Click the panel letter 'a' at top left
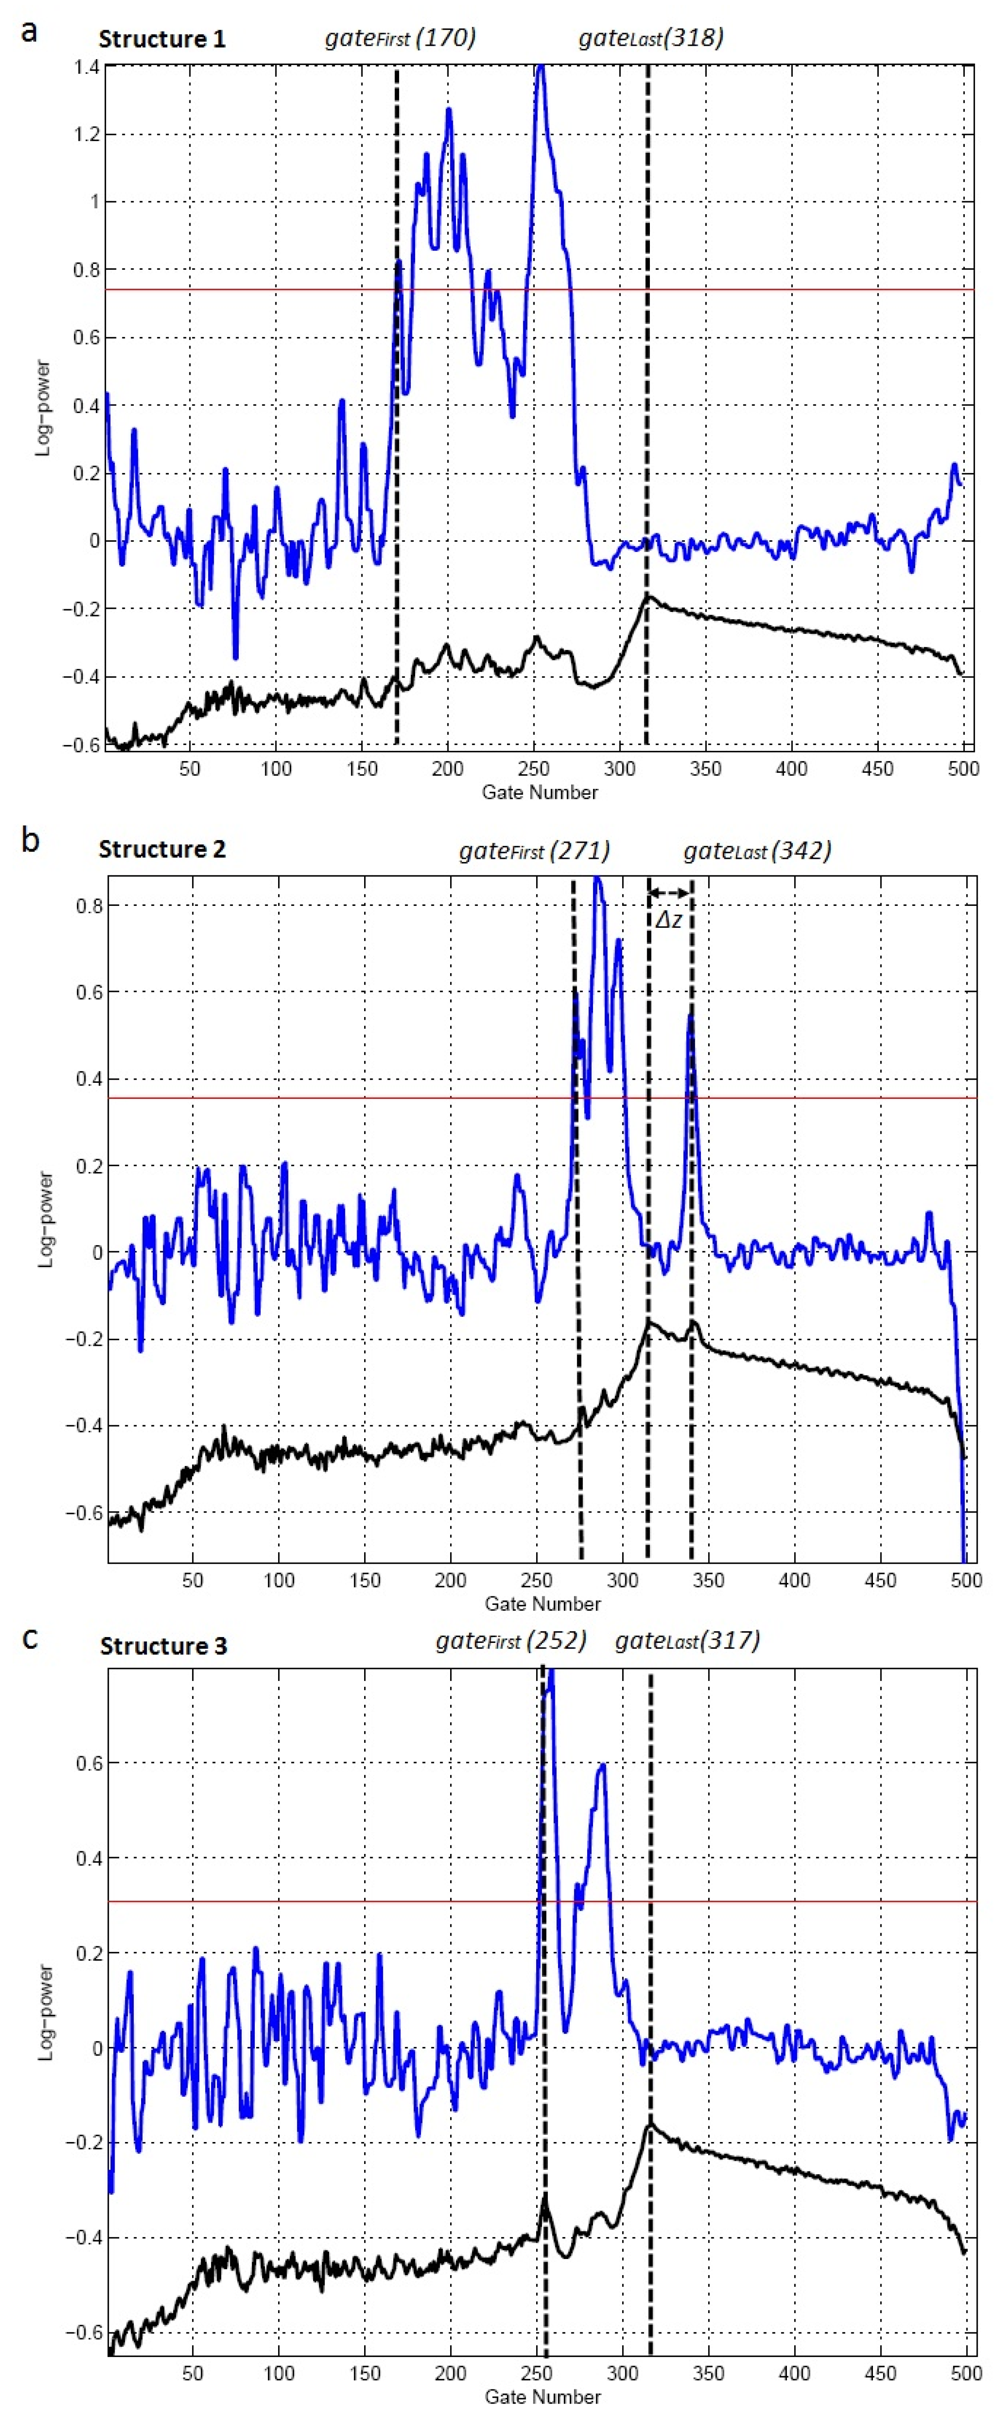point(30,31)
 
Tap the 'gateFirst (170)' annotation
point(400,38)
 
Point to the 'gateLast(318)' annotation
point(651,38)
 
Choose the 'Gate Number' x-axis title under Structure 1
point(540,792)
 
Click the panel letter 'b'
point(30,840)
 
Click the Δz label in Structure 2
point(668,920)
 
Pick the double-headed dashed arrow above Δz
point(669,892)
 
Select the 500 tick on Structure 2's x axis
point(966,1580)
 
